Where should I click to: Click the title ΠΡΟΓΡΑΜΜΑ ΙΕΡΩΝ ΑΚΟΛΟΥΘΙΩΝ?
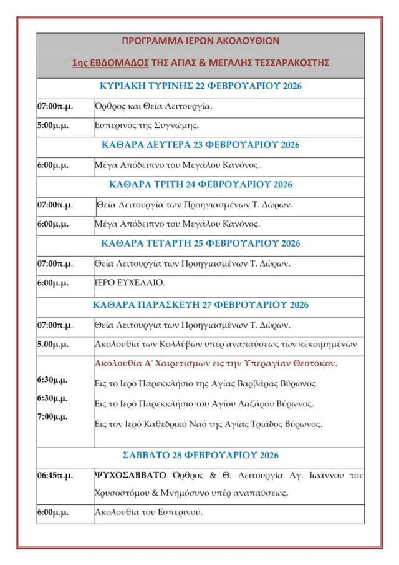(200, 41)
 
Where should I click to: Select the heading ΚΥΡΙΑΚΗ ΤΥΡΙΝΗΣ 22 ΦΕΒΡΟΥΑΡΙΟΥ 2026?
(200, 86)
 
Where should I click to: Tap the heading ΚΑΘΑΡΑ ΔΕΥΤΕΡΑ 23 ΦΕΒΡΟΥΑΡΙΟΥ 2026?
(200, 145)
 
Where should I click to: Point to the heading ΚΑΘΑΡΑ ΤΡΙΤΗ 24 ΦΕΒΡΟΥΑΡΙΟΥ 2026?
(200, 184)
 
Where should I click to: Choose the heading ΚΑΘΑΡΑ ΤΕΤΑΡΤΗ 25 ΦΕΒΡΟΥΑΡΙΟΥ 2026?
(200, 243)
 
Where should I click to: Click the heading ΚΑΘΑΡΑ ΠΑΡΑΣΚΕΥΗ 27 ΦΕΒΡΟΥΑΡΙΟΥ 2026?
(200, 305)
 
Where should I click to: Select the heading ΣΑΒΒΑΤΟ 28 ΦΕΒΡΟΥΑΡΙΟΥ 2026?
(200, 455)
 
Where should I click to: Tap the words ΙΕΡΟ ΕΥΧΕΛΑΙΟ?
(130, 283)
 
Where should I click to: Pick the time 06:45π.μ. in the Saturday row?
(55, 475)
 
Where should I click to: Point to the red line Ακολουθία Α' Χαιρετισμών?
(216, 363)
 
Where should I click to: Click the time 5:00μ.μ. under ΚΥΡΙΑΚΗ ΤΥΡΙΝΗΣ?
(53, 125)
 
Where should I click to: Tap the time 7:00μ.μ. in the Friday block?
(53, 416)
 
